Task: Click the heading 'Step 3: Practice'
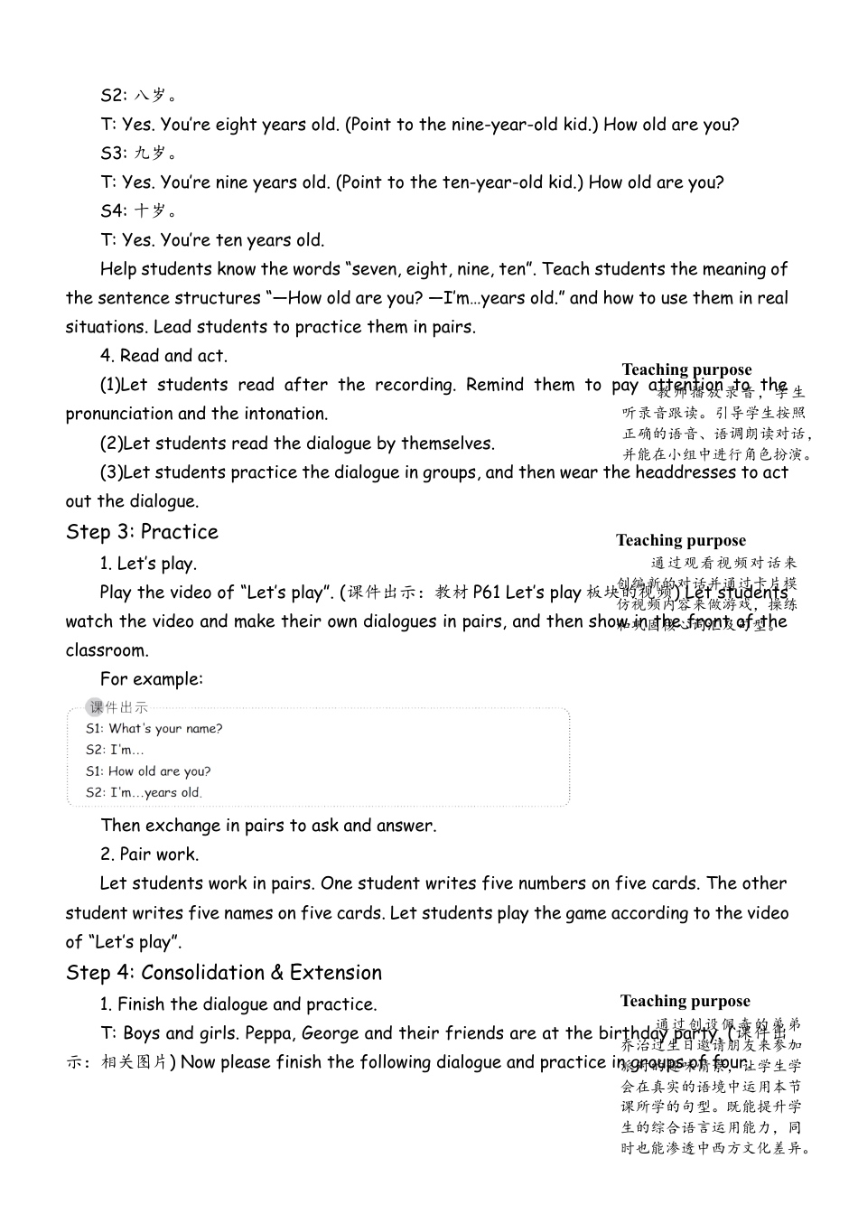tap(142, 532)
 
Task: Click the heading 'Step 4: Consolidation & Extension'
tap(224, 973)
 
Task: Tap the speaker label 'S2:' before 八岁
tap(113, 95)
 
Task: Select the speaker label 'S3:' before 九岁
tap(113, 153)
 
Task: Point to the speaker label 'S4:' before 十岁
tap(113, 210)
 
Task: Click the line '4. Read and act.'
tap(163, 356)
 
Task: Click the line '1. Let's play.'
tap(148, 564)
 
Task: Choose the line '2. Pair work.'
tap(149, 854)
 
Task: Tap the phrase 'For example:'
tap(152, 679)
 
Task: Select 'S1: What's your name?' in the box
tap(154, 729)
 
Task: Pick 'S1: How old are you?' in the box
tap(148, 771)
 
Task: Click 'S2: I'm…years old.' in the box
tap(144, 793)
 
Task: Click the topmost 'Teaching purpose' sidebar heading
tap(686, 369)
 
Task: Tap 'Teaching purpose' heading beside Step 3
tap(681, 540)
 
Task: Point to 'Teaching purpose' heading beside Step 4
tap(685, 1001)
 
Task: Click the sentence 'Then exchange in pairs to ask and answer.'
tap(268, 826)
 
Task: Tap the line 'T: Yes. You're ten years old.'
tap(212, 240)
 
